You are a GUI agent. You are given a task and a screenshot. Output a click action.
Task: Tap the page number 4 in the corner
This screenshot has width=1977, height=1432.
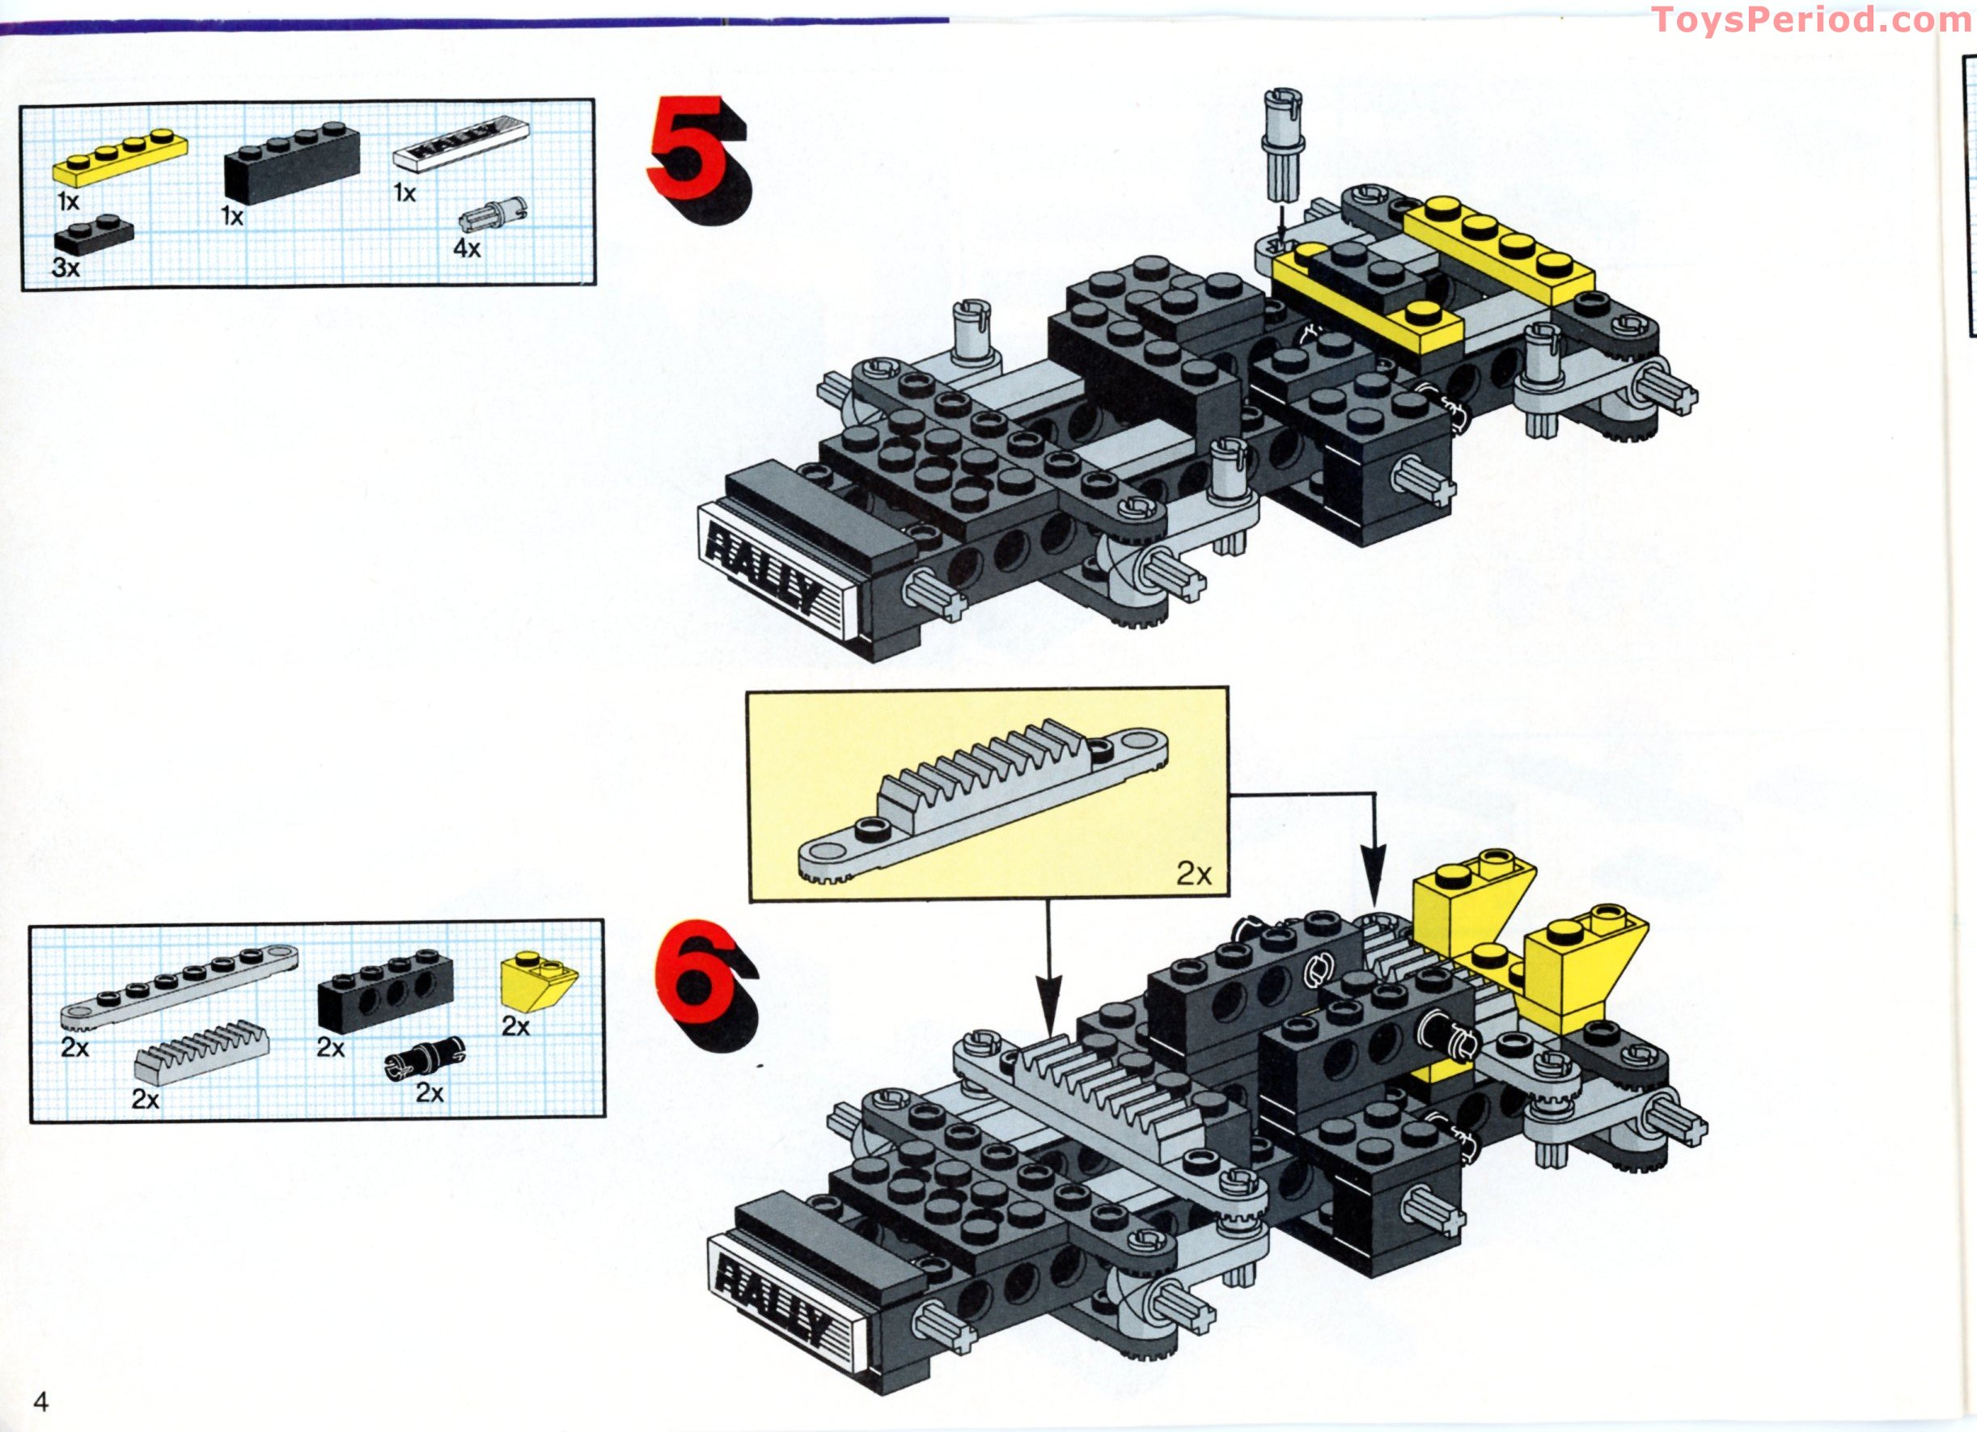(41, 1400)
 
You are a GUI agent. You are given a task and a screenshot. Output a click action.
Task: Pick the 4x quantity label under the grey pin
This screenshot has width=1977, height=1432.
(467, 248)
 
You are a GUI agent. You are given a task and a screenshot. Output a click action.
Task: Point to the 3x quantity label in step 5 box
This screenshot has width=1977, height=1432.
(66, 268)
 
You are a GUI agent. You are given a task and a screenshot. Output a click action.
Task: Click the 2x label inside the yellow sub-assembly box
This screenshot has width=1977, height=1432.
(1193, 873)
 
